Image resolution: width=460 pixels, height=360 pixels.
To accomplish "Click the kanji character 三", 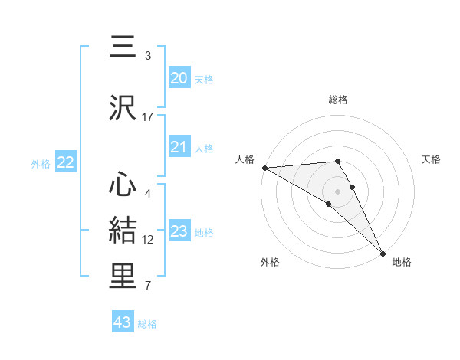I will click(123, 47).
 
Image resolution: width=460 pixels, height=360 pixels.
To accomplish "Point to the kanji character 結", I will click(123, 228).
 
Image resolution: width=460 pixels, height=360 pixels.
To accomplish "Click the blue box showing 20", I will click(179, 78).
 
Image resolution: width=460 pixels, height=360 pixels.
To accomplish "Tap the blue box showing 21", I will click(179, 147).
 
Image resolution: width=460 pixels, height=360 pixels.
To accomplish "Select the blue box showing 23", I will click(179, 231).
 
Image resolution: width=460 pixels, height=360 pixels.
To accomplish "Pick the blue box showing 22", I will click(66, 162).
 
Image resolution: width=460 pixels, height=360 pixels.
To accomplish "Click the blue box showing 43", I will click(123, 322).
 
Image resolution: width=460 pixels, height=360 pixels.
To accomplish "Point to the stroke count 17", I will click(148, 117).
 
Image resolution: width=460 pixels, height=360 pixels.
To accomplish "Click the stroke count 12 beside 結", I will click(148, 240).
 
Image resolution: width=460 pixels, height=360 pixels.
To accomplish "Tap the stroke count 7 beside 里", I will click(148, 286).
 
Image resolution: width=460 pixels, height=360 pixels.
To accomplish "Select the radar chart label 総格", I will click(337, 100).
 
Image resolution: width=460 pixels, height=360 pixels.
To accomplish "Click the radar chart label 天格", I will click(432, 159).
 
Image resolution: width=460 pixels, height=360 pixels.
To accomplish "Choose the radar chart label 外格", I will click(270, 262).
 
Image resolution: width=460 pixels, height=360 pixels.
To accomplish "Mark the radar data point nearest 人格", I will click(264, 168).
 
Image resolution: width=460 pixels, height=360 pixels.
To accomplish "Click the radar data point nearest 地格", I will click(383, 252).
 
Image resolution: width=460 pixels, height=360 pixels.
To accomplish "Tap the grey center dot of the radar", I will click(337, 190).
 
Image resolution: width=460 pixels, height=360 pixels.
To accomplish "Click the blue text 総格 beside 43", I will click(147, 324).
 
